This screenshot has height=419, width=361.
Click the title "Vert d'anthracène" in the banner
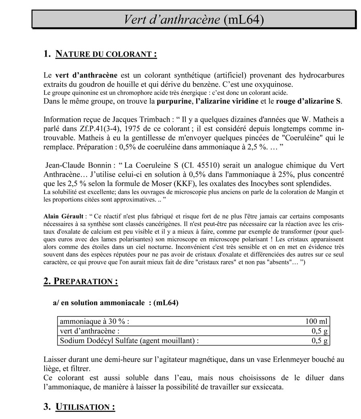[x=171, y=19]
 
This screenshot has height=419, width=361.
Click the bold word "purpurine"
[x=174, y=101]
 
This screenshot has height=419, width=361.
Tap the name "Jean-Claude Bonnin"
[x=77, y=166]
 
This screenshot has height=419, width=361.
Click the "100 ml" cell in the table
[x=316, y=321]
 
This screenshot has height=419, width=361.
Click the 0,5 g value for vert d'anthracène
[x=320, y=331]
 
